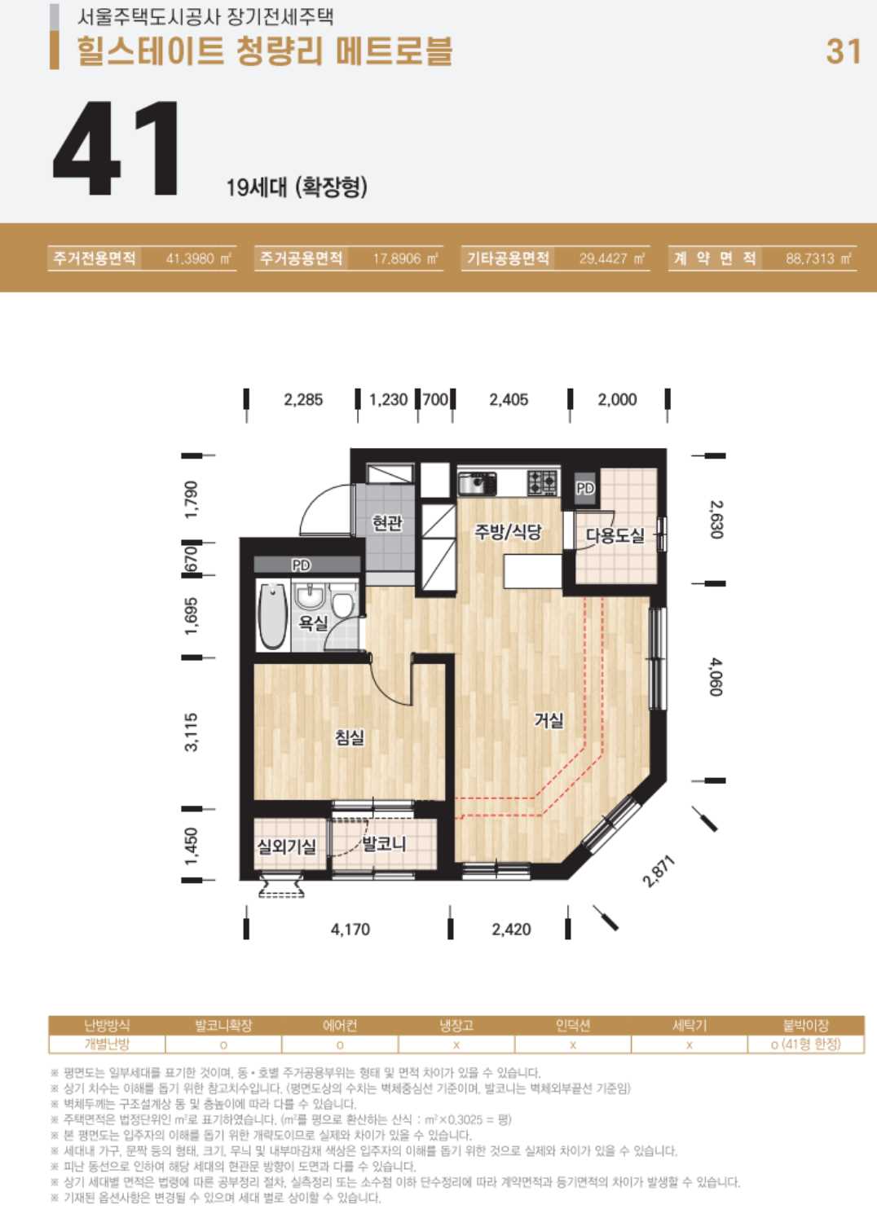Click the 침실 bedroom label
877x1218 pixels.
click(x=350, y=737)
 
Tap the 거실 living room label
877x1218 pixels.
click(x=549, y=720)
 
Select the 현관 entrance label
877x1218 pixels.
click(x=387, y=523)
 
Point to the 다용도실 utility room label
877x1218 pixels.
click(x=615, y=535)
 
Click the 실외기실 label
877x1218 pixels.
click(x=287, y=846)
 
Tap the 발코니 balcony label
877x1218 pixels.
click(x=384, y=844)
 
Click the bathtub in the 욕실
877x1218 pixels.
click(x=273, y=615)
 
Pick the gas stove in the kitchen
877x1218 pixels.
click(x=542, y=481)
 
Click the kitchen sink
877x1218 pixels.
click(x=477, y=483)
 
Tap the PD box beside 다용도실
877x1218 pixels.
click(x=585, y=488)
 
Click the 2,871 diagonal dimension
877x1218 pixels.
click(x=659, y=871)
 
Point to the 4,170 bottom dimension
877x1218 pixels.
click(x=350, y=929)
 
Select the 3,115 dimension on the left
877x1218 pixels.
click(x=192, y=732)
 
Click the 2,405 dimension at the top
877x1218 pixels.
click(x=509, y=400)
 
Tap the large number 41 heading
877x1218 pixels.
click(x=116, y=148)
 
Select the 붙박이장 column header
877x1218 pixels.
click(x=806, y=1026)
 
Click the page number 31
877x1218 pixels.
click(x=843, y=51)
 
